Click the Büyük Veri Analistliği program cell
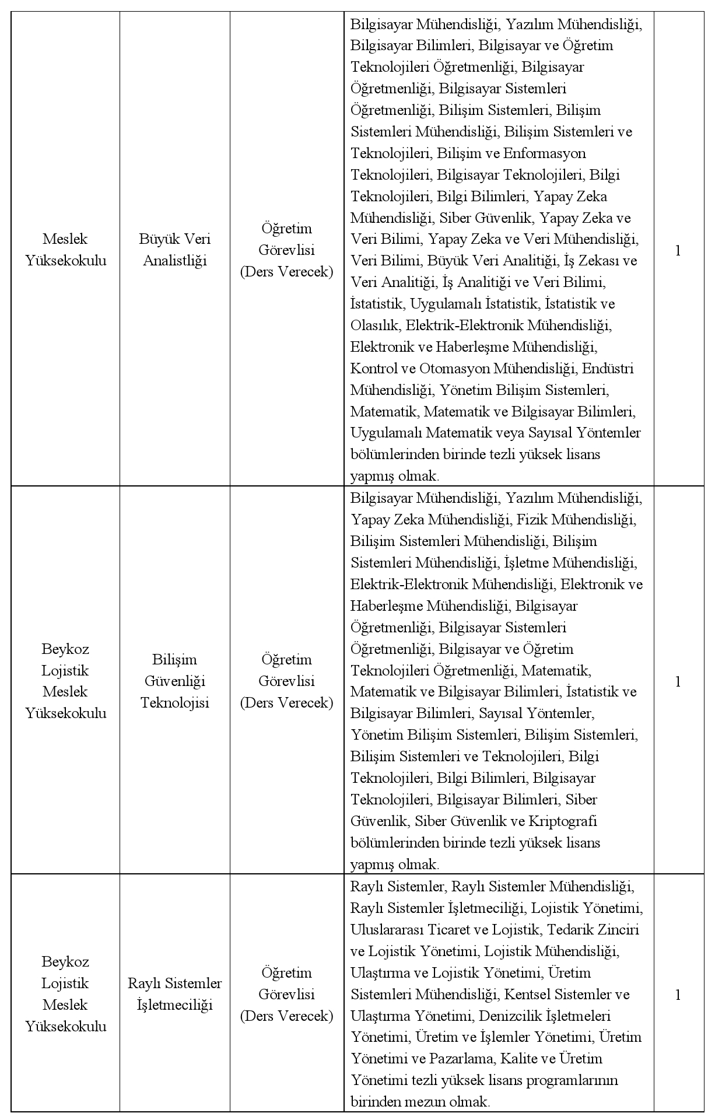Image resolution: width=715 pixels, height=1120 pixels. [x=175, y=250]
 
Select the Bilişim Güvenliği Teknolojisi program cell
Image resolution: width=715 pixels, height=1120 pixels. [x=175, y=681]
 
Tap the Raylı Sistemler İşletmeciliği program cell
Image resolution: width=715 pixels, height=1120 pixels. [x=175, y=994]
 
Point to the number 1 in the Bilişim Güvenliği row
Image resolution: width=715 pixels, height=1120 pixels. [x=678, y=681]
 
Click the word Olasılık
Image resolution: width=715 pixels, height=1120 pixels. [x=374, y=325]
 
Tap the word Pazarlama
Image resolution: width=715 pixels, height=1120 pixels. [x=470, y=1058]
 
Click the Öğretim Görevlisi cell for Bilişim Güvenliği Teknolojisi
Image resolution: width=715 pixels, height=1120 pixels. [x=287, y=681]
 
